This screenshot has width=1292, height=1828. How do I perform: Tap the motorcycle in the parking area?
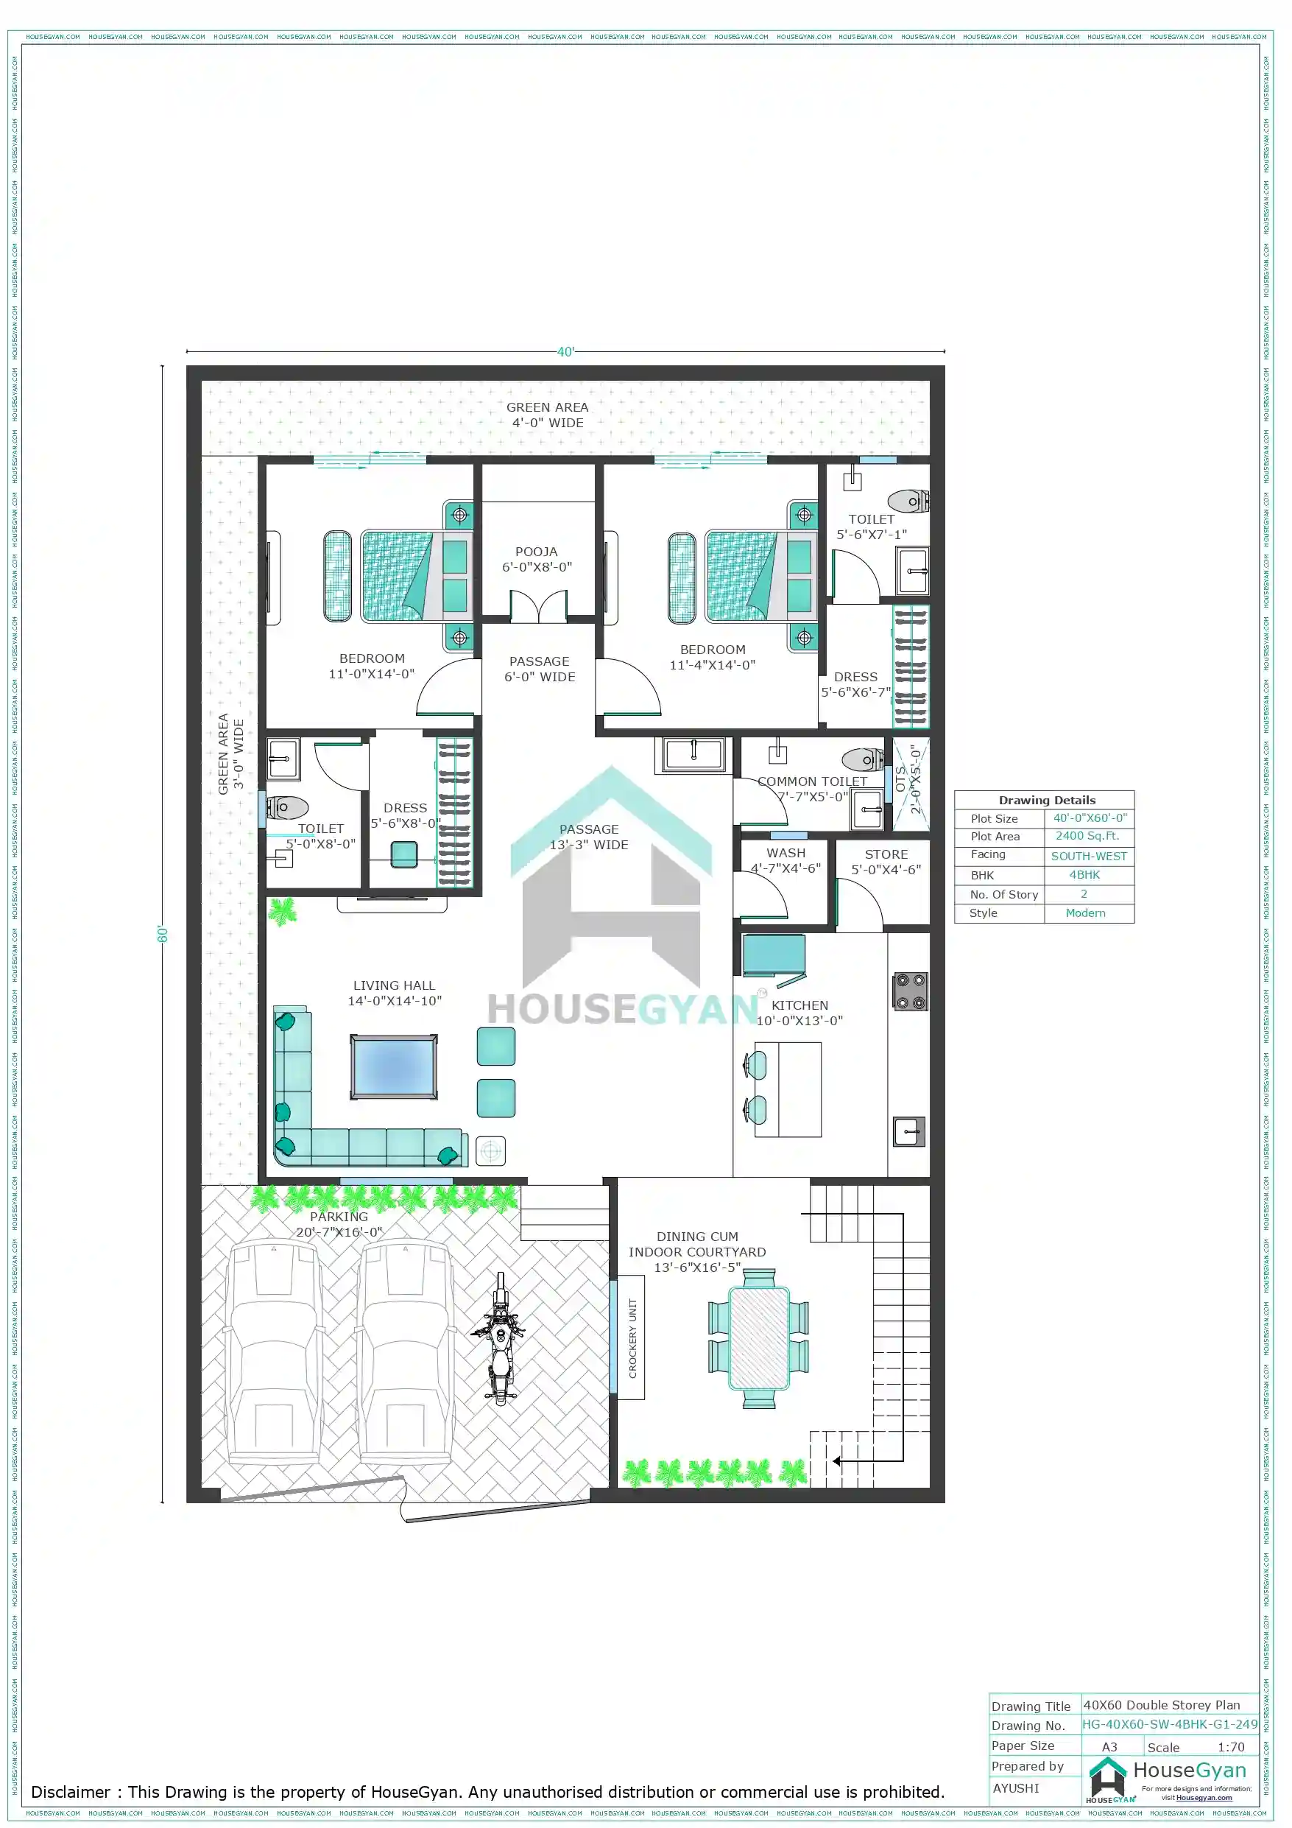pos(499,1338)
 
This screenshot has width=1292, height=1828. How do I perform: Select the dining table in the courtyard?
pos(759,1338)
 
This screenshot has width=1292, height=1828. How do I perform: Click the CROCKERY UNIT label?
pos(633,1338)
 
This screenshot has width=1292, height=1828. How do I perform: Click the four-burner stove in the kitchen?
pos(909,992)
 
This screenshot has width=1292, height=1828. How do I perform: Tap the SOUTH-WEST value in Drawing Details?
pos(1088,856)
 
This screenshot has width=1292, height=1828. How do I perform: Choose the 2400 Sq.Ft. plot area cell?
pos(1087,836)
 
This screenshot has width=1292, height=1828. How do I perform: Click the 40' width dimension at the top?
pos(565,351)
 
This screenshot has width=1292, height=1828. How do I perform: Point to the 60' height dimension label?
pos(163,934)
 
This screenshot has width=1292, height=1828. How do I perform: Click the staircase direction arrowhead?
pos(836,1461)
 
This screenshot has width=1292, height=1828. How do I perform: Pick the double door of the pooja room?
pos(539,607)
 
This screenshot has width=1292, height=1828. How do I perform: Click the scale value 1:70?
pos(1230,1747)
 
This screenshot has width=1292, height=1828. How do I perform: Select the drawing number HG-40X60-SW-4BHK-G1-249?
pos(1168,1723)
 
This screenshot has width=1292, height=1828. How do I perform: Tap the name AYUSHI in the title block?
pos(1016,1787)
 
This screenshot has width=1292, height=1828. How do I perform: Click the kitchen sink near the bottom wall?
pos(908,1131)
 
